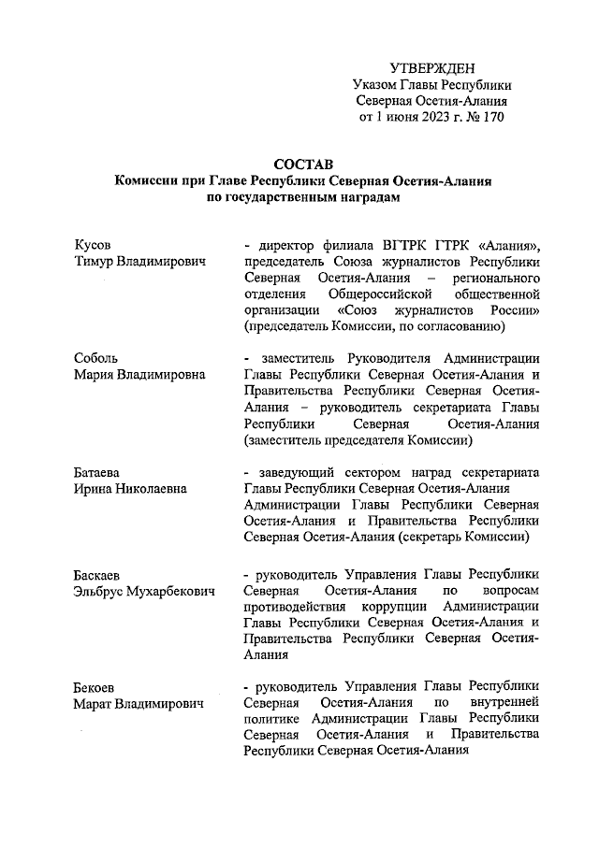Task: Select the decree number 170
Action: (x=493, y=118)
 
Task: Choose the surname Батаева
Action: (x=100, y=472)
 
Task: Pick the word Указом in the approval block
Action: (x=376, y=84)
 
